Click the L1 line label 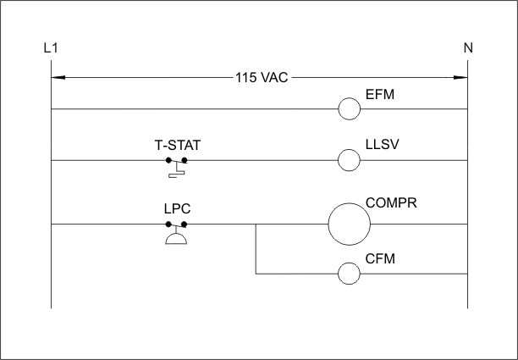coord(51,48)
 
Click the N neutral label coord(468,48)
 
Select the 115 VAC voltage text coord(262,78)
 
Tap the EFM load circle coord(350,98)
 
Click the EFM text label coord(380,94)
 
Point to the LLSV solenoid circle coord(350,149)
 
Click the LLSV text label coord(383,145)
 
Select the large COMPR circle coord(350,203)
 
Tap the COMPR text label coord(391,202)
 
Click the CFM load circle coord(350,263)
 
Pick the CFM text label coord(380,258)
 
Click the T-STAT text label coord(178,145)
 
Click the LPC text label coord(178,208)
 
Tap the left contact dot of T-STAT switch coord(168,160)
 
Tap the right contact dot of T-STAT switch coord(185,160)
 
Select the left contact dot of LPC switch coord(168,224)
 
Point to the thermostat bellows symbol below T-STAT coord(177,175)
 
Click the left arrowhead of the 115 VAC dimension coord(58,78)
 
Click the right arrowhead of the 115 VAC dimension coord(460,78)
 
